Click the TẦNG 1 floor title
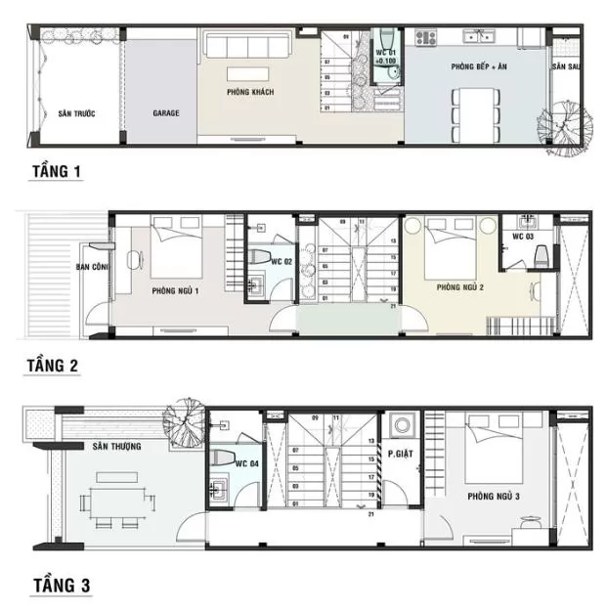(57, 172)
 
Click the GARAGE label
(166, 113)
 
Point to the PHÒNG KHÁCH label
(249, 93)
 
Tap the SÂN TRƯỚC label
(75, 113)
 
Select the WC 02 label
(282, 262)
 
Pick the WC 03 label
(525, 238)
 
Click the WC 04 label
(246, 463)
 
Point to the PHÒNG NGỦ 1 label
(176, 291)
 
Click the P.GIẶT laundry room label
(399, 455)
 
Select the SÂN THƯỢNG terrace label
(117, 447)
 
